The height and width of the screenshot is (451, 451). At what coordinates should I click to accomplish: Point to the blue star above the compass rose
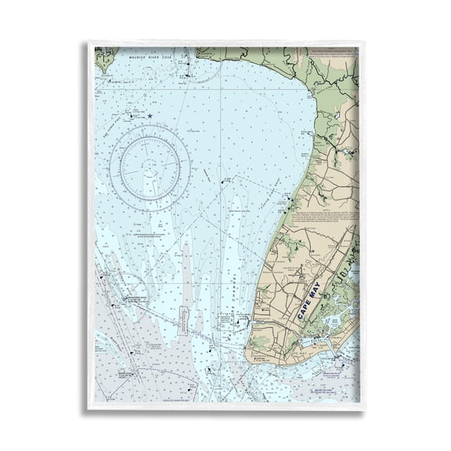tap(149, 117)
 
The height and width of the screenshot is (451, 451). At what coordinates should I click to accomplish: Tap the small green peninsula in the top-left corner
tap(105, 56)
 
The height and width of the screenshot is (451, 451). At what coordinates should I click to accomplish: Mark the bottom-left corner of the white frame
tap(88, 408)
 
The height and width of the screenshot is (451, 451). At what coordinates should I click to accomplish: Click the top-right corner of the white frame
tap(363, 43)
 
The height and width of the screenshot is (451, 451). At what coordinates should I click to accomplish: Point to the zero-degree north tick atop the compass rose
tap(150, 128)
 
